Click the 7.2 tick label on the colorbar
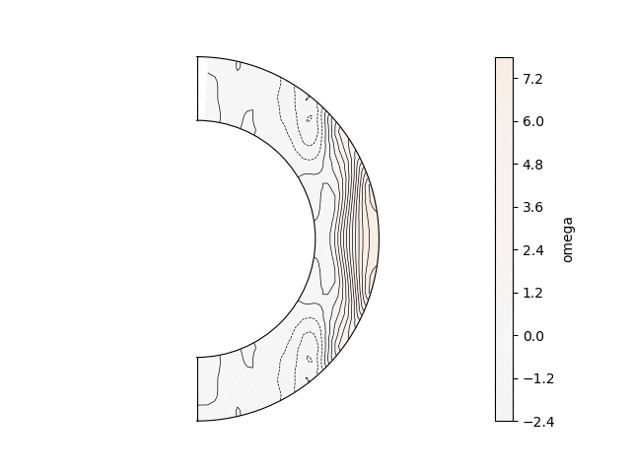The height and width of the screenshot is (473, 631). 532,79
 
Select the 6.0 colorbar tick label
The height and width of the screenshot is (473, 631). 532,121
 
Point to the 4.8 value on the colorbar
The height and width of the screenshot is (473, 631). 532,165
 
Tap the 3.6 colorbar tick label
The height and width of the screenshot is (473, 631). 532,207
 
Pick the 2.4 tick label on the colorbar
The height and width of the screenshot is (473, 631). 532,250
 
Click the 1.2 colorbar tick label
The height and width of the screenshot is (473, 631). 532,293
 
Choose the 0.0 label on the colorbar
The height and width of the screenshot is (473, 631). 532,336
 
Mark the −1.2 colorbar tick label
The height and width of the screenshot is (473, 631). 538,378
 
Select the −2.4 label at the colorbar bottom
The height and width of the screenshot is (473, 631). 538,422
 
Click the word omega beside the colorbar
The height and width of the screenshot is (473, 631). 567,239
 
